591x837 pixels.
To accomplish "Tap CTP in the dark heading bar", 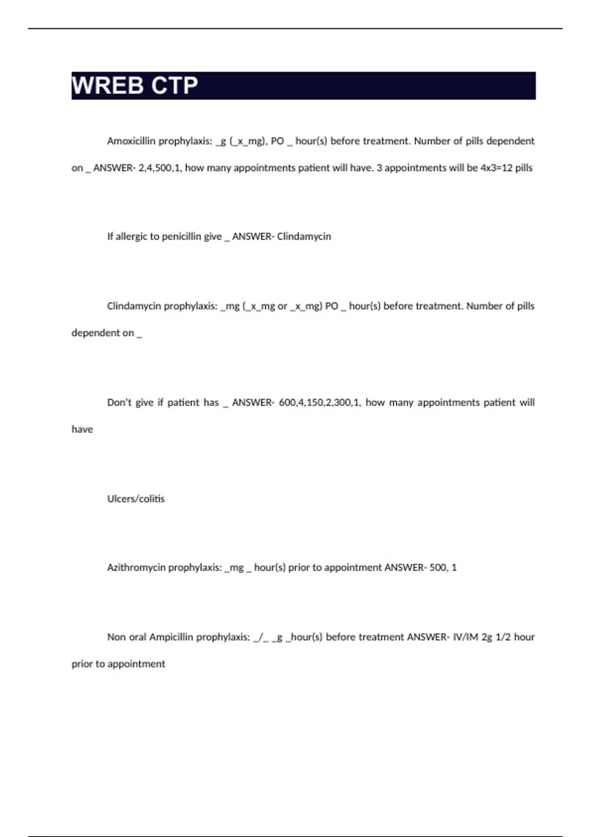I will [174, 86].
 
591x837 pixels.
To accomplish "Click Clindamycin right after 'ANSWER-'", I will [304, 237].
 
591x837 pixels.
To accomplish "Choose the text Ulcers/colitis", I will [136, 499].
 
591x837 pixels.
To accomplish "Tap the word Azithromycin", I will [136, 568].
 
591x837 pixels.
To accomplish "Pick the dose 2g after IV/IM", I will [487, 637].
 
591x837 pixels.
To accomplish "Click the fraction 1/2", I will [503, 637].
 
